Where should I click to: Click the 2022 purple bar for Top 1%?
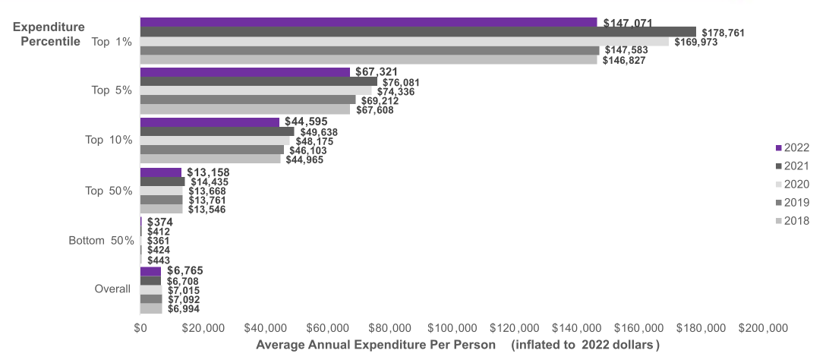pos(368,22)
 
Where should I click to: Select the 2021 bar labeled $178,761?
pos(418,32)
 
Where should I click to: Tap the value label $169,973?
pos(696,42)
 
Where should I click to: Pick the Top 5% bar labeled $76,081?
pos(258,81)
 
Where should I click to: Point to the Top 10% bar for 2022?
pos(210,122)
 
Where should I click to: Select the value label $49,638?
pos(317,131)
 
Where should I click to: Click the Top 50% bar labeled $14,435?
pos(162,182)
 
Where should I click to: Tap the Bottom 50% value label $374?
pos(160,222)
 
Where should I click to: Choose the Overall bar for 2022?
pos(150,271)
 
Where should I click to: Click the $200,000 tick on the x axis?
pos(762,328)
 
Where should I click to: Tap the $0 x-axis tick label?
pos(140,328)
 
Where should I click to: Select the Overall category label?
pos(112,289)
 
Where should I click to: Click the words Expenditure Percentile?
pos(48,34)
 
